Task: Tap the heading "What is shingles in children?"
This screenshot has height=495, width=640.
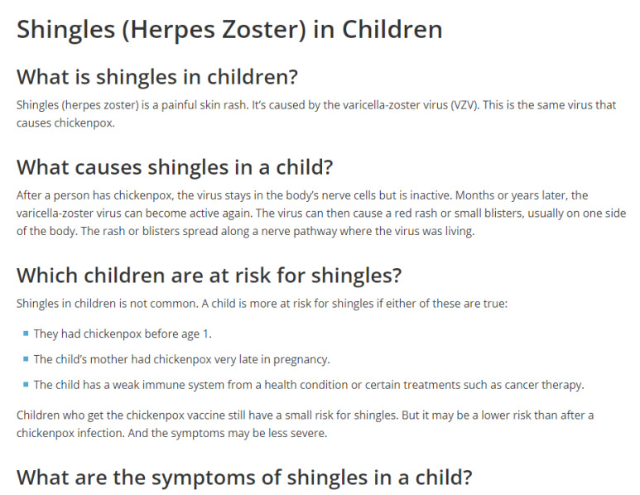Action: pyautogui.click(x=157, y=77)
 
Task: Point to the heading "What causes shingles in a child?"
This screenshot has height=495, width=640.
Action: pyautogui.click(x=175, y=167)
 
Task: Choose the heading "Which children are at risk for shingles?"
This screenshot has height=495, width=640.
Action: pyautogui.click(x=209, y=276)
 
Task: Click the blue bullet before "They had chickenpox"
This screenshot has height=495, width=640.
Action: pyautogui.click(x=26, y=334)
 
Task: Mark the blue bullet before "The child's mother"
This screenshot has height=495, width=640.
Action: pyautogui.click(x=26, y=359)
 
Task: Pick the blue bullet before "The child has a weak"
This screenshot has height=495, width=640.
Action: pyautogui.click(x=26, y=384)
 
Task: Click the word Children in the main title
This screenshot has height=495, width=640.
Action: pyautogui.click(x=392, y=30)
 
